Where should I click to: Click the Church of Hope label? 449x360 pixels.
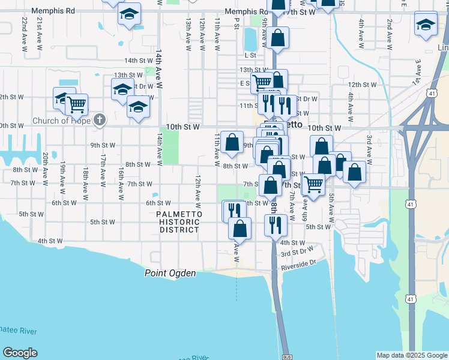tap(59, 121)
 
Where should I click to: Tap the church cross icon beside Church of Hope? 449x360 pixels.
tap(100, 121)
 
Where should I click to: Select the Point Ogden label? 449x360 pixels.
tap(170, 274)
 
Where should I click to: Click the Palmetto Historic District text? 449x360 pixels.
tap(178, 222)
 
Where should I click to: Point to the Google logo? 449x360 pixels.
tap(20, 353)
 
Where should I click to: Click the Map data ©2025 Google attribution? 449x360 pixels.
tap(412, 355)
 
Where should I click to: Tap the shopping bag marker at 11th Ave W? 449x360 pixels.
tap(232, 142)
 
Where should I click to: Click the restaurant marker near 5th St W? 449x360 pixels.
tap(276, 224)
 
